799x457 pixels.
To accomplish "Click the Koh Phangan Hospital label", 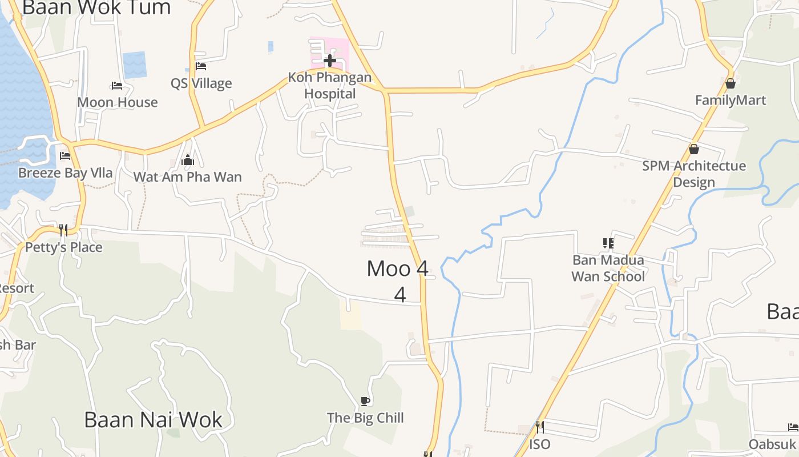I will pos(329,85).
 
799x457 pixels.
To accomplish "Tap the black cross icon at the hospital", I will pos(329,60).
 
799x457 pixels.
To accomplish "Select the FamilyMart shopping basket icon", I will pos(730,84).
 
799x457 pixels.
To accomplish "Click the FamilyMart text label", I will pos(730,101).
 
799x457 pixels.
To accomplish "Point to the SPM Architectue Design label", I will pos(693,174).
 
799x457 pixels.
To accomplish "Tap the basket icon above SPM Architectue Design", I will pos(693,149).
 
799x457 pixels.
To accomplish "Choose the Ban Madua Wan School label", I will pos(608,268).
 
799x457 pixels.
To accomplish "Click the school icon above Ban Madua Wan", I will pos(608,243).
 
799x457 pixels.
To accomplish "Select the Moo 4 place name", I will pos(398,268).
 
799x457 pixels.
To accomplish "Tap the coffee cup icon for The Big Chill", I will pos(365,401).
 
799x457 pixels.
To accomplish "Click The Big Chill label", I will pos(365,418).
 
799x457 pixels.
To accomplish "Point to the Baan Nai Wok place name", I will pos(153,420).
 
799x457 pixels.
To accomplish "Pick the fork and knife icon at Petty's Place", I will pos(63,230).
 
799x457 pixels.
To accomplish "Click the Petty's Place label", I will pos(63,247).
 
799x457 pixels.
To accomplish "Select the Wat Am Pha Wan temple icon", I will pos(188,161).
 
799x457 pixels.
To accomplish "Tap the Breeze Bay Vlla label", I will pos(65,173).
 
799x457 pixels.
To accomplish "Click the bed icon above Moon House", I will pos(117,86).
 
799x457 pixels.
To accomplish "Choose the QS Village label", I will pos(201,83).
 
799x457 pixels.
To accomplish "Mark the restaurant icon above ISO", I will pos(539,427).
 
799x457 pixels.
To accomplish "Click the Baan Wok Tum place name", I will pos(96,8).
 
